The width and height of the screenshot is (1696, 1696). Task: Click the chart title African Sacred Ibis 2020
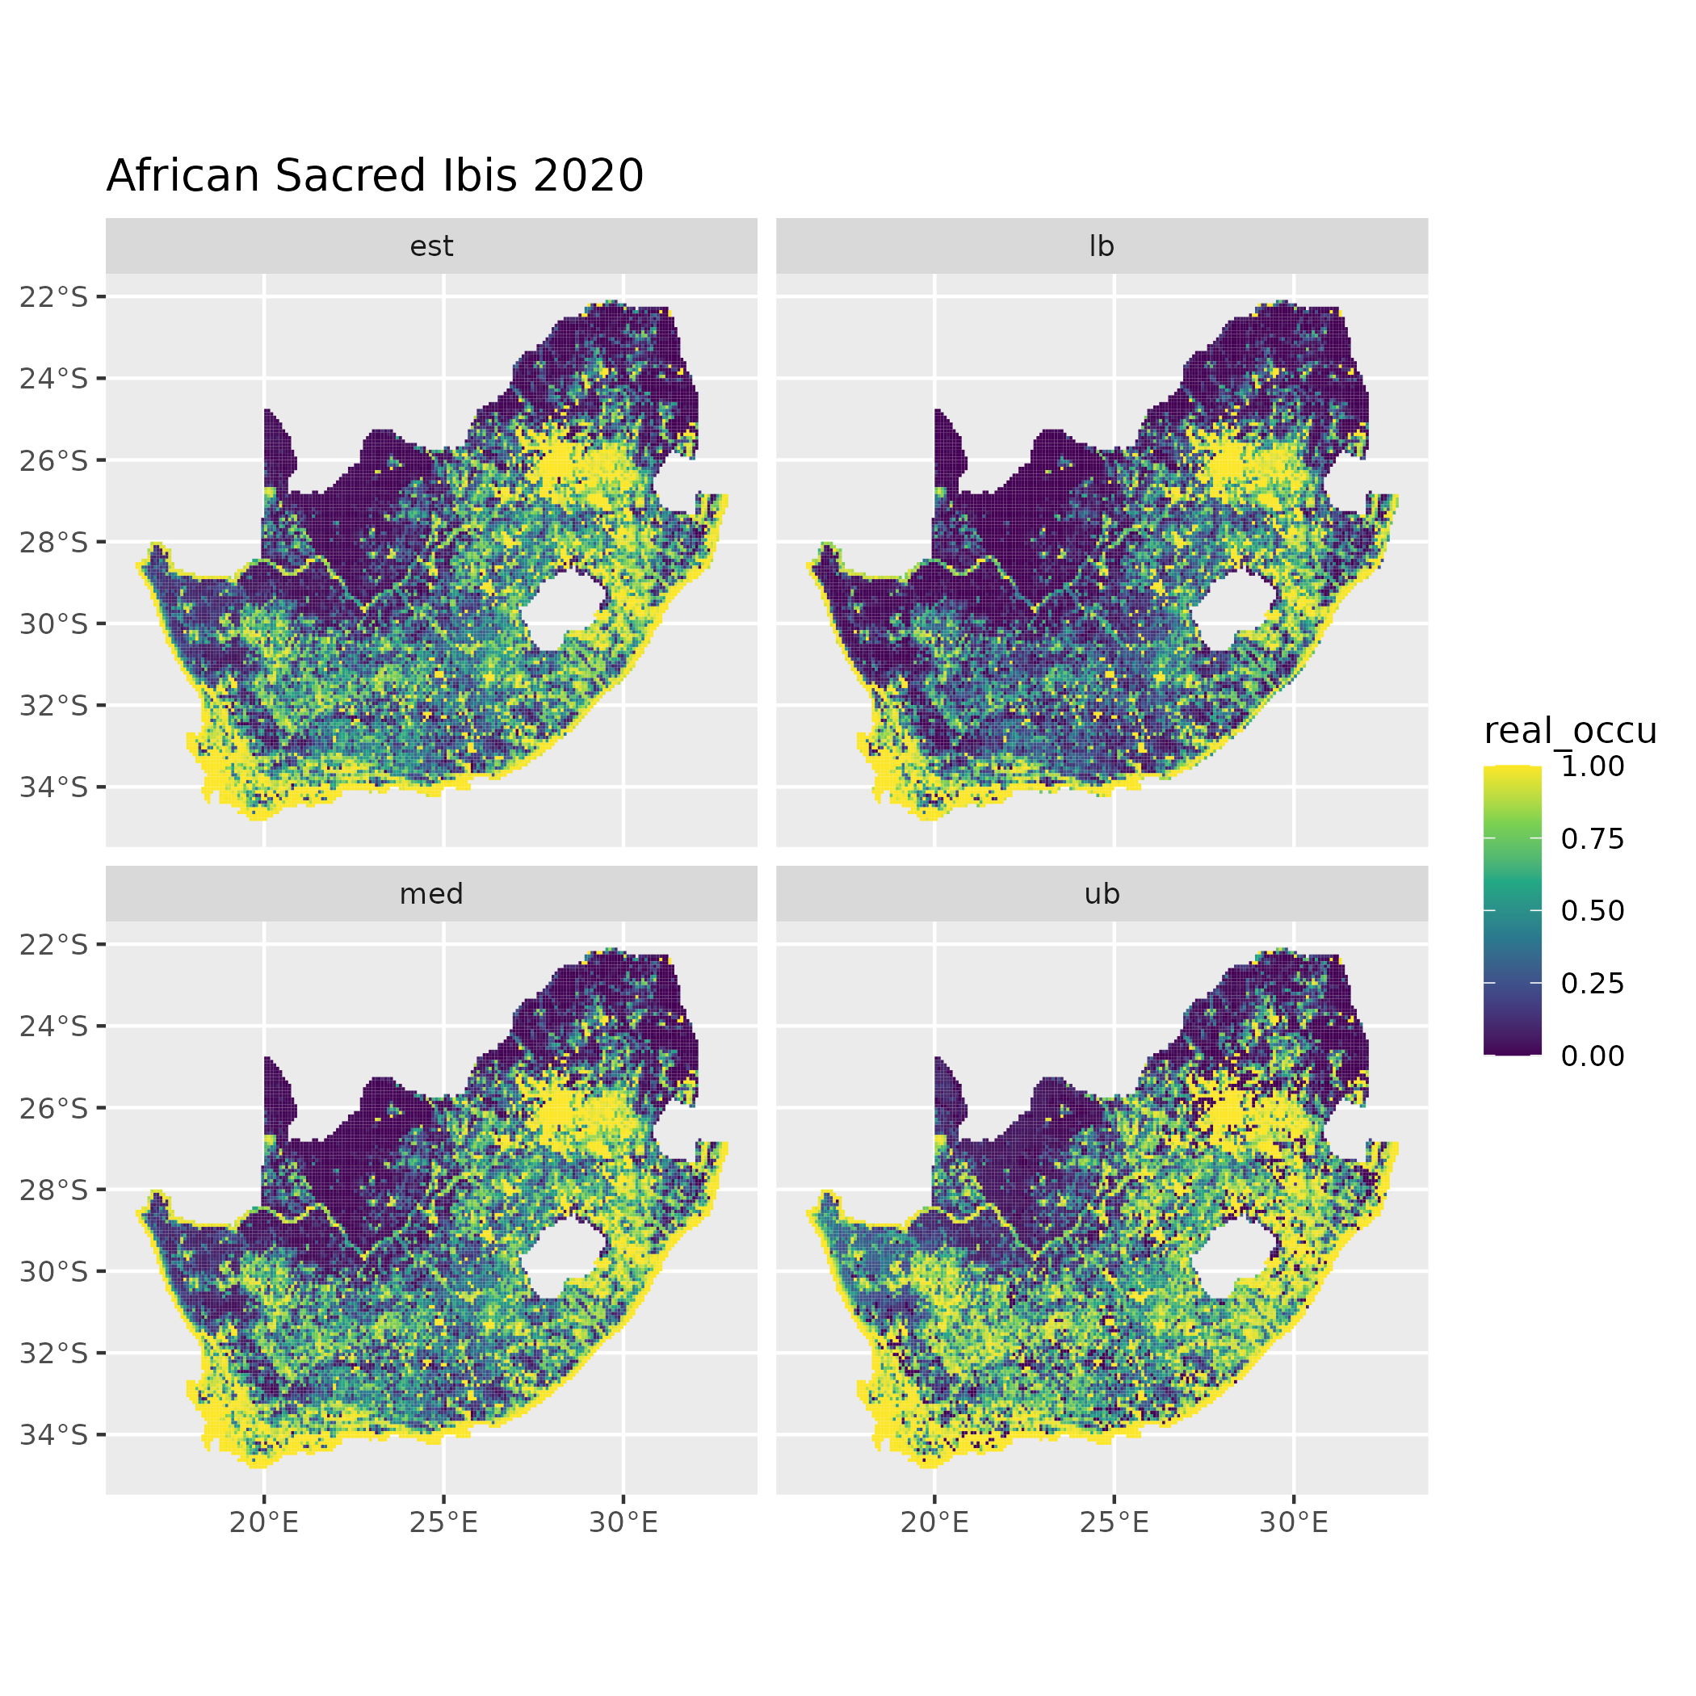tap(375, 175)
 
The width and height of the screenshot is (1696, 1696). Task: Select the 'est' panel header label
tap(431, 246)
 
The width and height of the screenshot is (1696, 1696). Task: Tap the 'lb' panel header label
tap(1101, 246)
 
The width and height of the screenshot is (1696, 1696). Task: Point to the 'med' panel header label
tap(431, 895)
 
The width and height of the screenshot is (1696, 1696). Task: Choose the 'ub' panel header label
tap(1101, 895)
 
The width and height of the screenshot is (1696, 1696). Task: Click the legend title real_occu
tap(1569, 730)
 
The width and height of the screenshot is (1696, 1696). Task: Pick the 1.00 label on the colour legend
tap(1593, 766)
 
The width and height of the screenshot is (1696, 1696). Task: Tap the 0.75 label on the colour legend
tap(1593, 839)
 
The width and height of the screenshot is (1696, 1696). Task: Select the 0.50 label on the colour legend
tap(1593, 911)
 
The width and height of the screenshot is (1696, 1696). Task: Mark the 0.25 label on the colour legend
tap(1593, 984)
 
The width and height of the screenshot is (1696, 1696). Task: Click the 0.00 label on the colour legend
tap(1593, 1056)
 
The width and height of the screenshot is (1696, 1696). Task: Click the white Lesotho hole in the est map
tap(562, 610)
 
